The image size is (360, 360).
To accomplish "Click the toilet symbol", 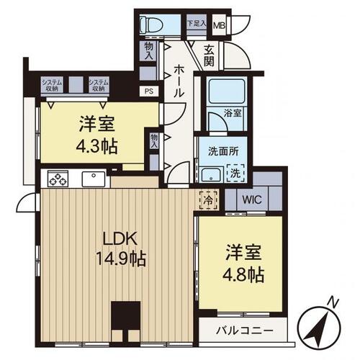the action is point(151,24).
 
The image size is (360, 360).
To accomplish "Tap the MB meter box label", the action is point(220,25).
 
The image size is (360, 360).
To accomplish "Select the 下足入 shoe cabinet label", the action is point(197,23).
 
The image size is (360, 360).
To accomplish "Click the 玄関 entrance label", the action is point(209,55).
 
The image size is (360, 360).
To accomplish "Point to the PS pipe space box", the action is point(149,91).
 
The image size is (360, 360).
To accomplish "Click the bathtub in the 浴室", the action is point(227,92).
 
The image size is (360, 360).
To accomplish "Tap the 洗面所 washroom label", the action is point(223,151).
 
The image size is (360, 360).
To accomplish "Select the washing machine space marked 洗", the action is point(235,173).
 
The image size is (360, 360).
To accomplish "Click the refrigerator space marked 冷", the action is point(208,200).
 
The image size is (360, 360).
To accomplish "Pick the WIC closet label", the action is point(252,199).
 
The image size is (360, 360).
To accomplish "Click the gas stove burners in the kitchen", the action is point(58,179).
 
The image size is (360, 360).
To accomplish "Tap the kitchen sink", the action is point(94,179).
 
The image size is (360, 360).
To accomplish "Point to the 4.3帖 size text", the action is point(97,146).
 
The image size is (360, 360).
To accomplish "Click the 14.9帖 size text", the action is point(121,258).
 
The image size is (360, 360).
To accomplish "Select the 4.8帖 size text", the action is point(243,275).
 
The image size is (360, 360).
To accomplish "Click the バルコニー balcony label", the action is point(245,331).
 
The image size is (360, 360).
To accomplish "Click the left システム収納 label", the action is point(52,85).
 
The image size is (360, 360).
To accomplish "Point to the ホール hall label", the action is point(179,81).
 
